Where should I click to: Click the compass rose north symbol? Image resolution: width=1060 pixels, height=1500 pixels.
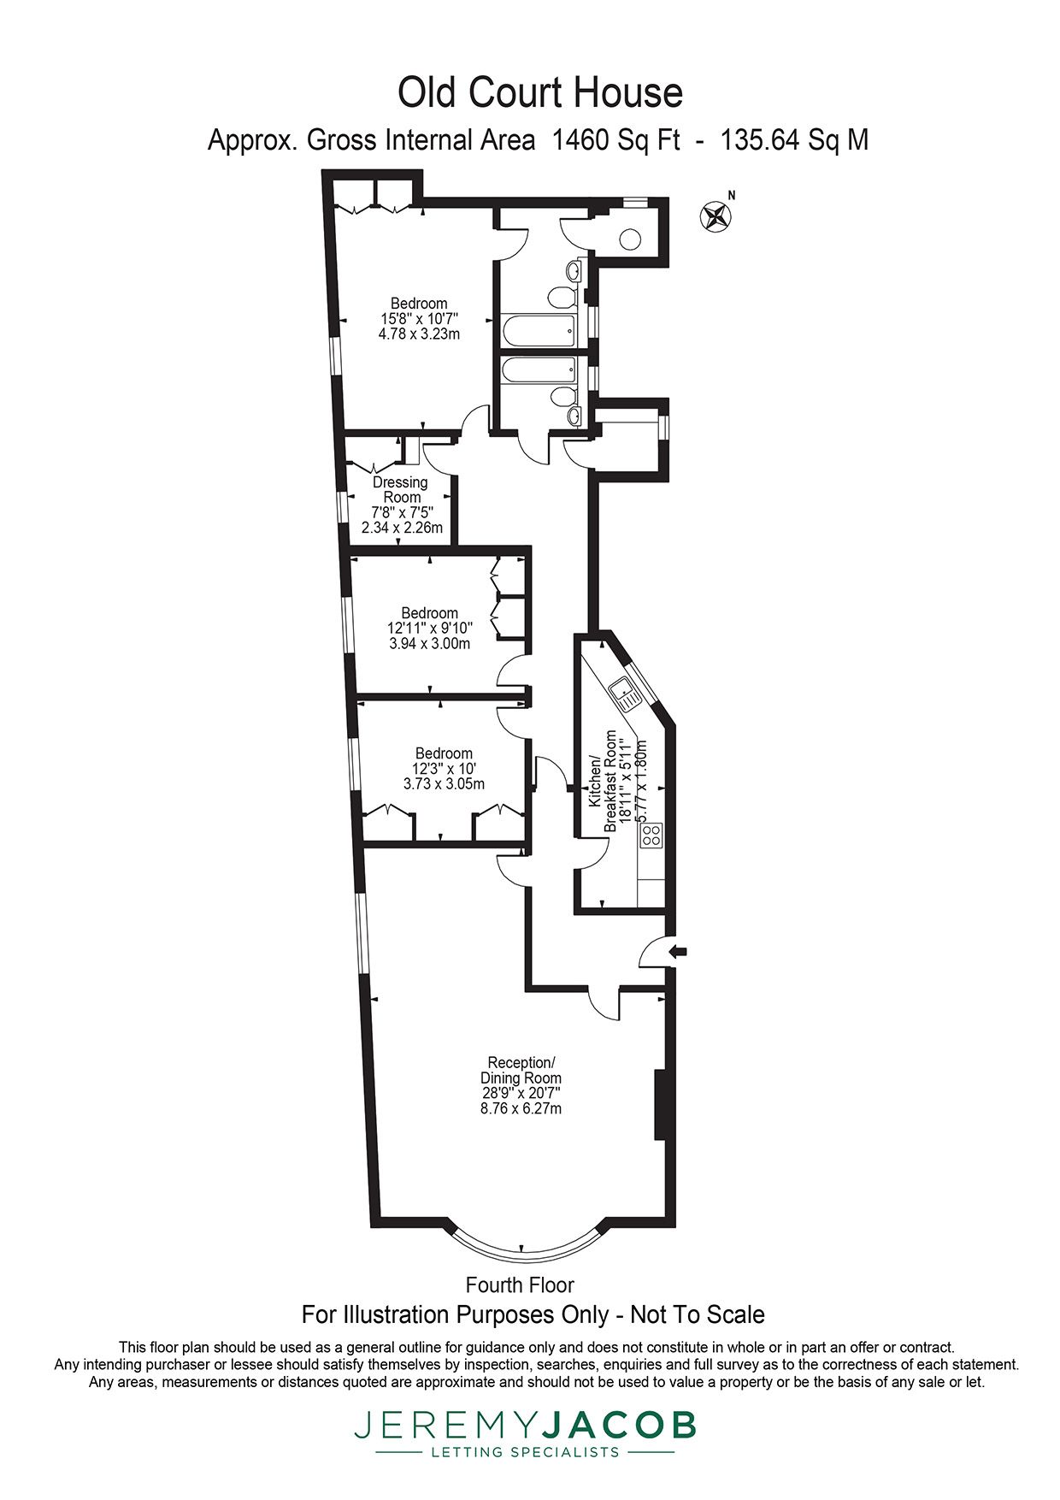point(715,216)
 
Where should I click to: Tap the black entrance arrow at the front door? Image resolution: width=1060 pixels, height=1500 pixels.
point(678,951)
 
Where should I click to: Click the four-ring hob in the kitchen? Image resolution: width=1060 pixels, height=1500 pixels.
point(651,835)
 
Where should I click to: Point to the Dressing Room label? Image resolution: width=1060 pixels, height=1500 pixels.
point(401,489)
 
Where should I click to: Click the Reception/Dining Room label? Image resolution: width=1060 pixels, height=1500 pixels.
point(521,1070)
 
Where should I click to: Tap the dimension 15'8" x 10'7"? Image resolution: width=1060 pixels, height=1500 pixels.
point(419,319)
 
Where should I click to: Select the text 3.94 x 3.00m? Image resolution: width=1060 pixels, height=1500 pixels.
point(429,643)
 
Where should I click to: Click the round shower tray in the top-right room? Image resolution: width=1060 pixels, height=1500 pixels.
point(630,239)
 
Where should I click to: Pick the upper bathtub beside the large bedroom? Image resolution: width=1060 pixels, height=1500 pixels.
point(539,329)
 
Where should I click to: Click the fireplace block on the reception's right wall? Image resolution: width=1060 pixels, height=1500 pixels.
point(660,1104)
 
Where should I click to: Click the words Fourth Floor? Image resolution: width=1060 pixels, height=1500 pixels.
point(520,1284)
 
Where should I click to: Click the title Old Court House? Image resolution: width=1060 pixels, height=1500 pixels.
point(540,92)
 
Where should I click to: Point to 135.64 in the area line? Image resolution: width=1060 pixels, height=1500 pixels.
point(759,139)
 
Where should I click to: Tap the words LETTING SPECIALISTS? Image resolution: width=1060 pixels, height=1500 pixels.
point(525,1452)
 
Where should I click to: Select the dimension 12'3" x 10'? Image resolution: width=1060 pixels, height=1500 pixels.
point(443,768)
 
